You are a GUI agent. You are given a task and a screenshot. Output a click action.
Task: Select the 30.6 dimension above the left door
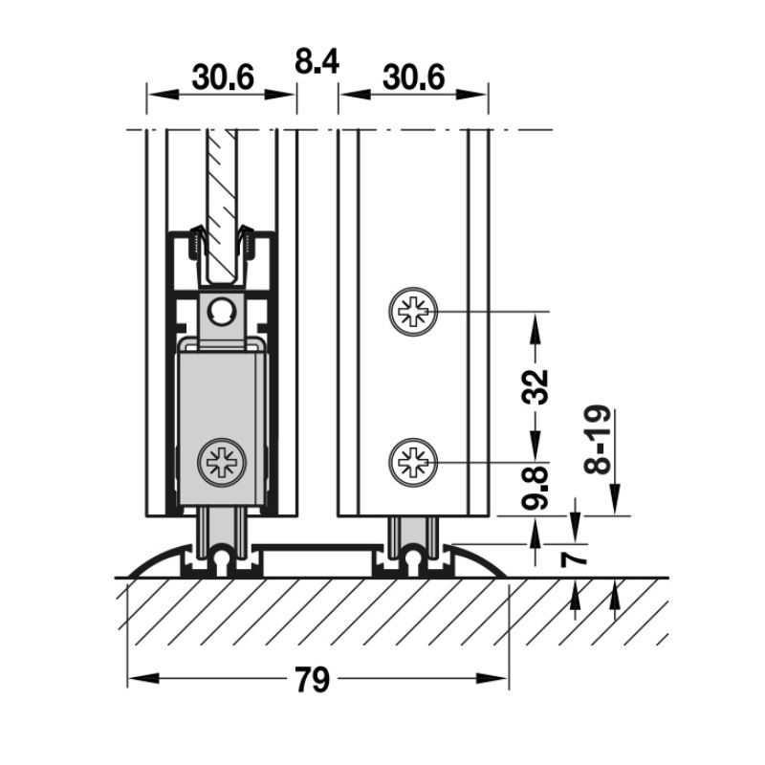coord(221,77)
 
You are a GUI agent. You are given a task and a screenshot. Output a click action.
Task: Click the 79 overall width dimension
coord(311,680)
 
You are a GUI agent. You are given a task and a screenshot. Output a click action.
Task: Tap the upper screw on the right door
coord(412,312)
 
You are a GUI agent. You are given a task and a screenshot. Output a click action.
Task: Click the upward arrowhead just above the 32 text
coord(536,330)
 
